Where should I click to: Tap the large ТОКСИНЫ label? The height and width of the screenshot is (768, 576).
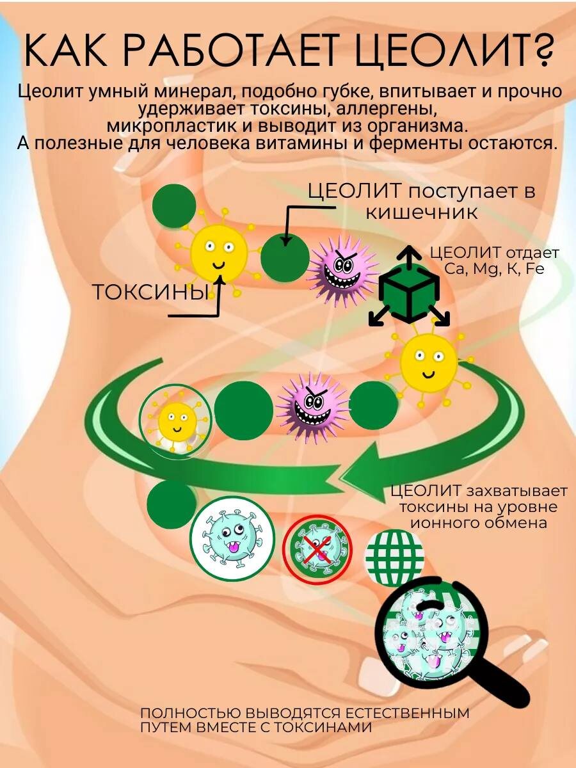(x=150, y=292)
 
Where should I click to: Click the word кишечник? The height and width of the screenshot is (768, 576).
(x=422, y=212)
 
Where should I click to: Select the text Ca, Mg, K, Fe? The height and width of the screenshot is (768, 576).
(x=494, y=269)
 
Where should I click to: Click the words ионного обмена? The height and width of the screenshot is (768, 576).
(x=478, y=523)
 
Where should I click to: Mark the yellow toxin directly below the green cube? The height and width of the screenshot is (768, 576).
(x=428, y=364)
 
